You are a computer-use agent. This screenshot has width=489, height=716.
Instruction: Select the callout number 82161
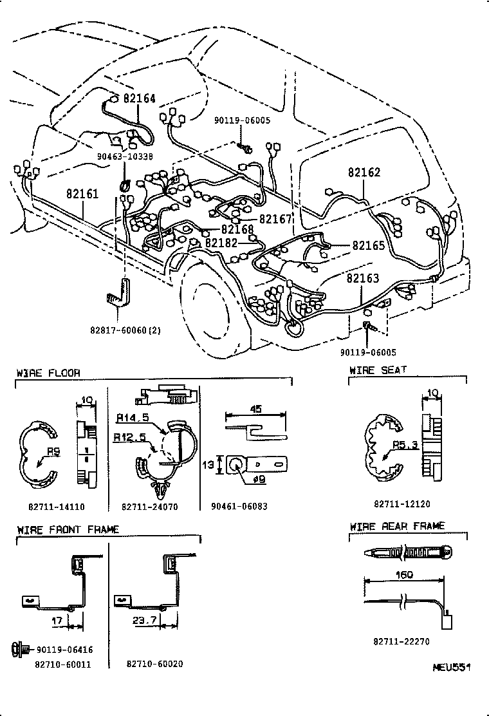tap(82, 193)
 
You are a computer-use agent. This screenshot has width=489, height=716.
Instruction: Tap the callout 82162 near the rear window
tap(364, 173)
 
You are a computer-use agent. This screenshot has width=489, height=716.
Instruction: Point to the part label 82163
tap(362, 278)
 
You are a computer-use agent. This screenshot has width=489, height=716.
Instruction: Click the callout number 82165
tap(368, 245)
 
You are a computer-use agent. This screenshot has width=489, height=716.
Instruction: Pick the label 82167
tap(275, 219)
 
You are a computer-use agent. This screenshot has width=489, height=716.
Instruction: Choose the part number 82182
tap(221, 243)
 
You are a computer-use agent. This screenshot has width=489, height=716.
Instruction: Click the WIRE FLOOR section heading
tap(48, 373)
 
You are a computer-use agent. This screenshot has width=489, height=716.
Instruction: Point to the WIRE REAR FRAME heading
tap(397, 526)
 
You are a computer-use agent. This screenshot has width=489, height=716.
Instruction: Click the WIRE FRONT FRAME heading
tap(68, 529)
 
